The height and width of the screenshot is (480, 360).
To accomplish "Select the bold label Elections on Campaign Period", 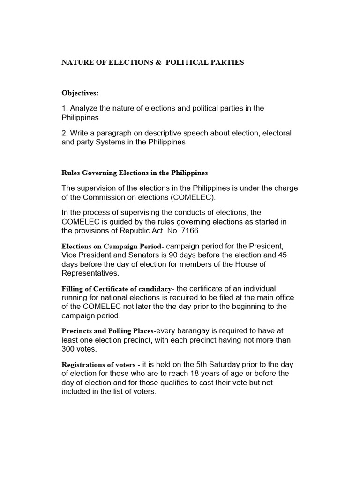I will (x=112, y=247).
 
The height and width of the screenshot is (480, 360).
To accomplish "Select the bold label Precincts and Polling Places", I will (x=107, y=330).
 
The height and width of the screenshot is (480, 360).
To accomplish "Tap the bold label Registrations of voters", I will (x=99, y=365).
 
